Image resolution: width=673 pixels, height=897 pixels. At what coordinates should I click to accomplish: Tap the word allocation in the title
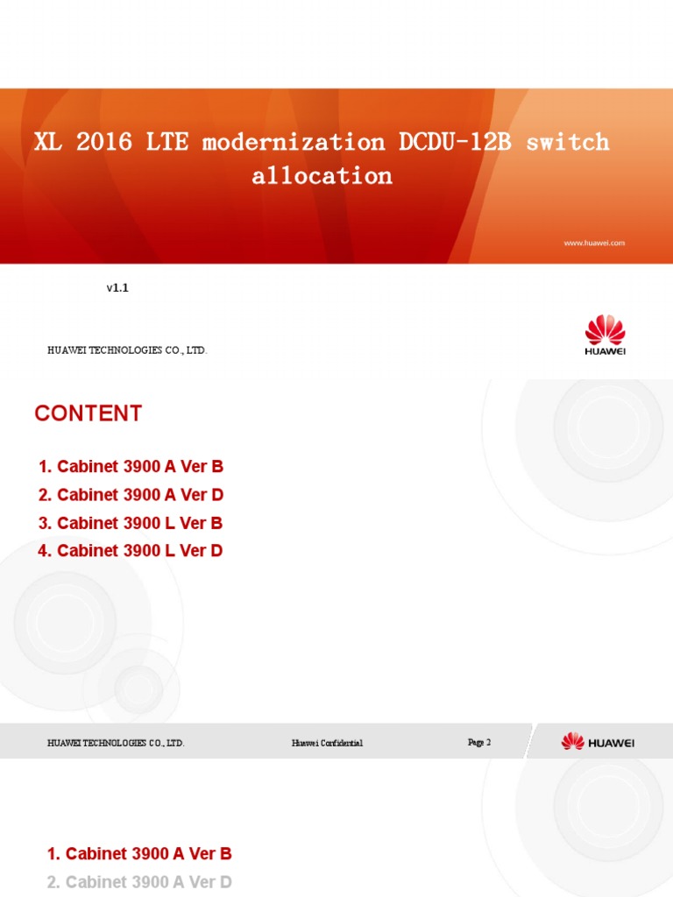point(322,175)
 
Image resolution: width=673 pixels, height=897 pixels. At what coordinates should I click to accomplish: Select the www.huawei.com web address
point(594,243)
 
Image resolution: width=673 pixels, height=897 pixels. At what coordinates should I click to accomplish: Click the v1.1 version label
point(117,287)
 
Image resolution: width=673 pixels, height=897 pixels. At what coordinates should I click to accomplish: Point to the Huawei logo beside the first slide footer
point(606,336)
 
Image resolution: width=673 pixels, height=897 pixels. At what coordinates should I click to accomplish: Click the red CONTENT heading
point(88,414)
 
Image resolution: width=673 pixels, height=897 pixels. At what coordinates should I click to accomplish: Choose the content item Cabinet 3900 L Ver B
point(131,523)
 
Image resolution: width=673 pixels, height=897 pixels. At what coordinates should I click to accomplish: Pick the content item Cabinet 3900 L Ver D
point(131,551)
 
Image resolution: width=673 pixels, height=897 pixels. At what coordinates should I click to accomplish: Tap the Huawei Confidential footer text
point(327,743)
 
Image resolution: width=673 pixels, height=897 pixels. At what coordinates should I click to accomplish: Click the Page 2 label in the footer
point(479,742)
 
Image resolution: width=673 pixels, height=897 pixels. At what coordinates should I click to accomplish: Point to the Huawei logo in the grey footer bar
point(598,742)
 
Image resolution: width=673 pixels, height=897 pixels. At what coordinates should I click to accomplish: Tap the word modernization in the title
point(294,142)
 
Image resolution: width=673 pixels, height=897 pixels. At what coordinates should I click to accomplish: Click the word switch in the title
point(567,142)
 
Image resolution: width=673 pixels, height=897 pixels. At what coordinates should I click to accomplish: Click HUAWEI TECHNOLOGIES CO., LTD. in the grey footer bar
point(116,743)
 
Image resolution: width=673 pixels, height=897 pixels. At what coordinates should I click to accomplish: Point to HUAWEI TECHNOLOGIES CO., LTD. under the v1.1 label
point(127,350)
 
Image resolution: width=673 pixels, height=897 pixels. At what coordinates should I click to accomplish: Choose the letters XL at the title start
point(47,142)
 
